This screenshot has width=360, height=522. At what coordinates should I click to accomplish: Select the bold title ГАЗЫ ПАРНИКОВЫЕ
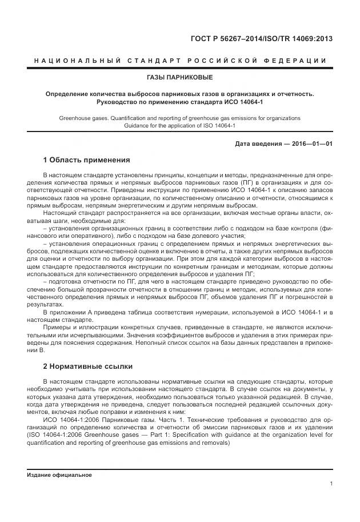[180, 77]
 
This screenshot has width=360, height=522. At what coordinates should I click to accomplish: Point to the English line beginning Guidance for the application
[180, 126]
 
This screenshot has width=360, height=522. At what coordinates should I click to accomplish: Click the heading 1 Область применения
[87, 160]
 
